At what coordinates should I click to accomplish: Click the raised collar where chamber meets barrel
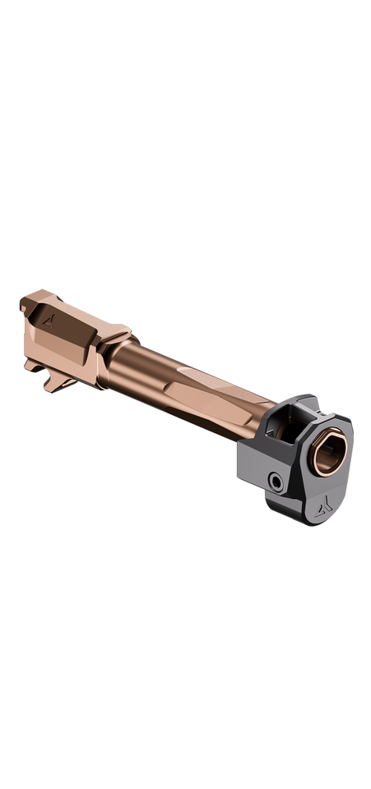pos(115,345)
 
